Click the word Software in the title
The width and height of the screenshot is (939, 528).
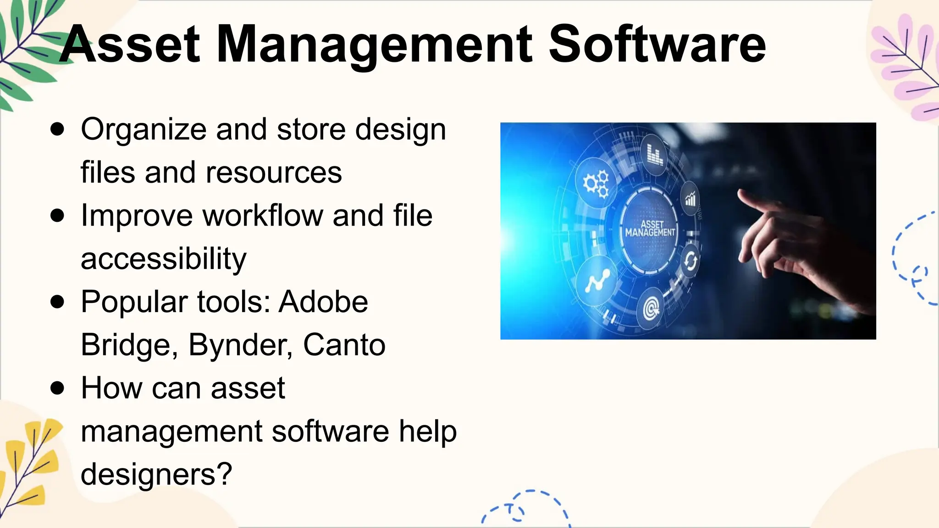point(657,45)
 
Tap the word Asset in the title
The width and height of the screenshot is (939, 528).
point(130,45)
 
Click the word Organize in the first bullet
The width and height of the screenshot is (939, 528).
point(144,130)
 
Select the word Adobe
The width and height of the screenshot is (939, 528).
point(323,302)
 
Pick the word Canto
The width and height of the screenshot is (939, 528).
point(344,345)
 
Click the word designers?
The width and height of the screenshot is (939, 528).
point(156,474)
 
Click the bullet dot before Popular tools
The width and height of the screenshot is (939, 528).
point(57,302)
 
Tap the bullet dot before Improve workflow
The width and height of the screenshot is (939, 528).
point(57,216)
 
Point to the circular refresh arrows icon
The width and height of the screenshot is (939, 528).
point(690,261)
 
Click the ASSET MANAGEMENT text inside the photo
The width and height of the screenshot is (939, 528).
point(651,228)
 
